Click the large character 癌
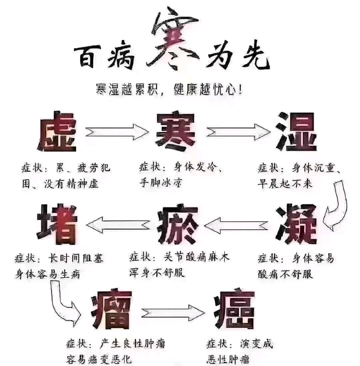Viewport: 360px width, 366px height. (235, 309)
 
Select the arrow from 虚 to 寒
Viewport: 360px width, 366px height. (117, 131)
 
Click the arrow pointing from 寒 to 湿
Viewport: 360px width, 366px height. (238, 131)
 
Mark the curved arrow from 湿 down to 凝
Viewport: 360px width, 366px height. (337, 205)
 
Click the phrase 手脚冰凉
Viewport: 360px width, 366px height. (161, 183)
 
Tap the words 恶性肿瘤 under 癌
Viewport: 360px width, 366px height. (228, 359)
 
